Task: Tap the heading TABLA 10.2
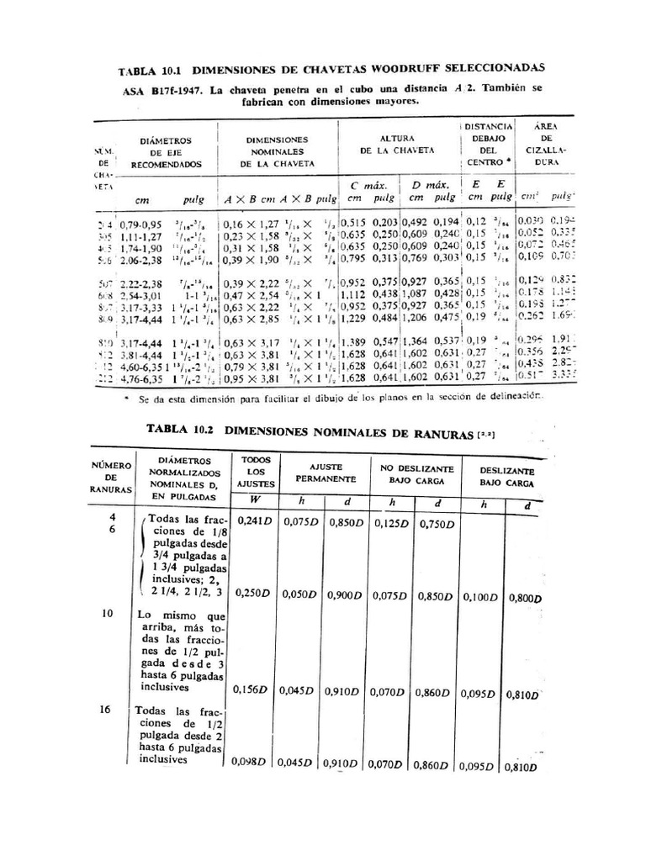(181, 428)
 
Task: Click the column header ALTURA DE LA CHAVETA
(396, 144)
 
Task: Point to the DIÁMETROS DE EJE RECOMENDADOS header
(166, 152)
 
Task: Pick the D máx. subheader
(428, 184)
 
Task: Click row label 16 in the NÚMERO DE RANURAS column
(105, 710)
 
